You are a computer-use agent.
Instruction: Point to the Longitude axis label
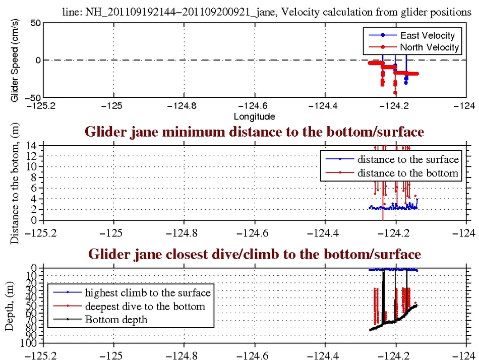coord(255,117)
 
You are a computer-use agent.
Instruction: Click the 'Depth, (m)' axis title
coord(10,308)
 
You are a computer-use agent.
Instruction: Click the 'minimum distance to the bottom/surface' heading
coord(255,132)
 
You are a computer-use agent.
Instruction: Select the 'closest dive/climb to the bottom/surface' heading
coord(255,254)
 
